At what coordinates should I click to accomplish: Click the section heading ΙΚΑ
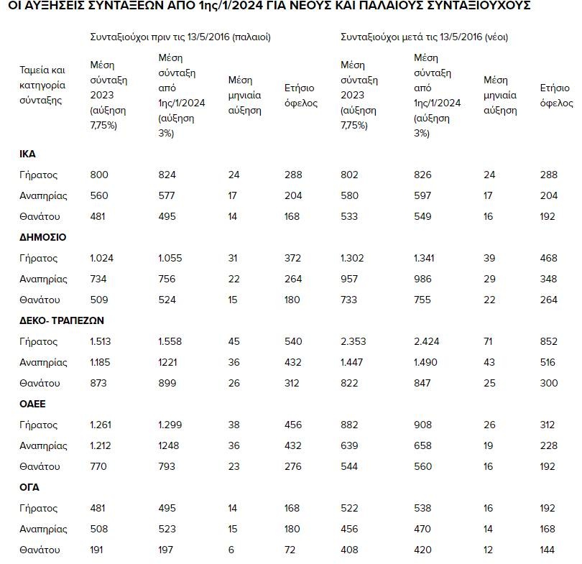click(27, 154)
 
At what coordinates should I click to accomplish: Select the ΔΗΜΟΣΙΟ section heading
click(42, 237)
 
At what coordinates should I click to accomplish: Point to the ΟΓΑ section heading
click(29, 487)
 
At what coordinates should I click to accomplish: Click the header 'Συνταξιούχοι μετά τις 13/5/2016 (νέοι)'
click(429, 37)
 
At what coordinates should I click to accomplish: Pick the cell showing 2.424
click(428, 341)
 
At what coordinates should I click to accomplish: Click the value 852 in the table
click(549, 341)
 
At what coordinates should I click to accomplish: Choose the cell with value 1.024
click(102, 258)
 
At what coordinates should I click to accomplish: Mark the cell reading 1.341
click(427, 258)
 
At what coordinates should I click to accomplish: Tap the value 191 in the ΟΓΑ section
click(98, 550)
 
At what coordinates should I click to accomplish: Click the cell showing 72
click(291, 550)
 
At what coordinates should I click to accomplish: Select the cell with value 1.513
click(101, 341)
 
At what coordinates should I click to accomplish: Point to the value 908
click(423, 425)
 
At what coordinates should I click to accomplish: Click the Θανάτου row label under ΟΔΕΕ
click(39, 466)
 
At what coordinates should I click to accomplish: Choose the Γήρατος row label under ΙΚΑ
click(38, 175)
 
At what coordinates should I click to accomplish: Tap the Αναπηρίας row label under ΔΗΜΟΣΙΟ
click(43, 279)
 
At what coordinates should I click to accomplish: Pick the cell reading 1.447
click(354, 362)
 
